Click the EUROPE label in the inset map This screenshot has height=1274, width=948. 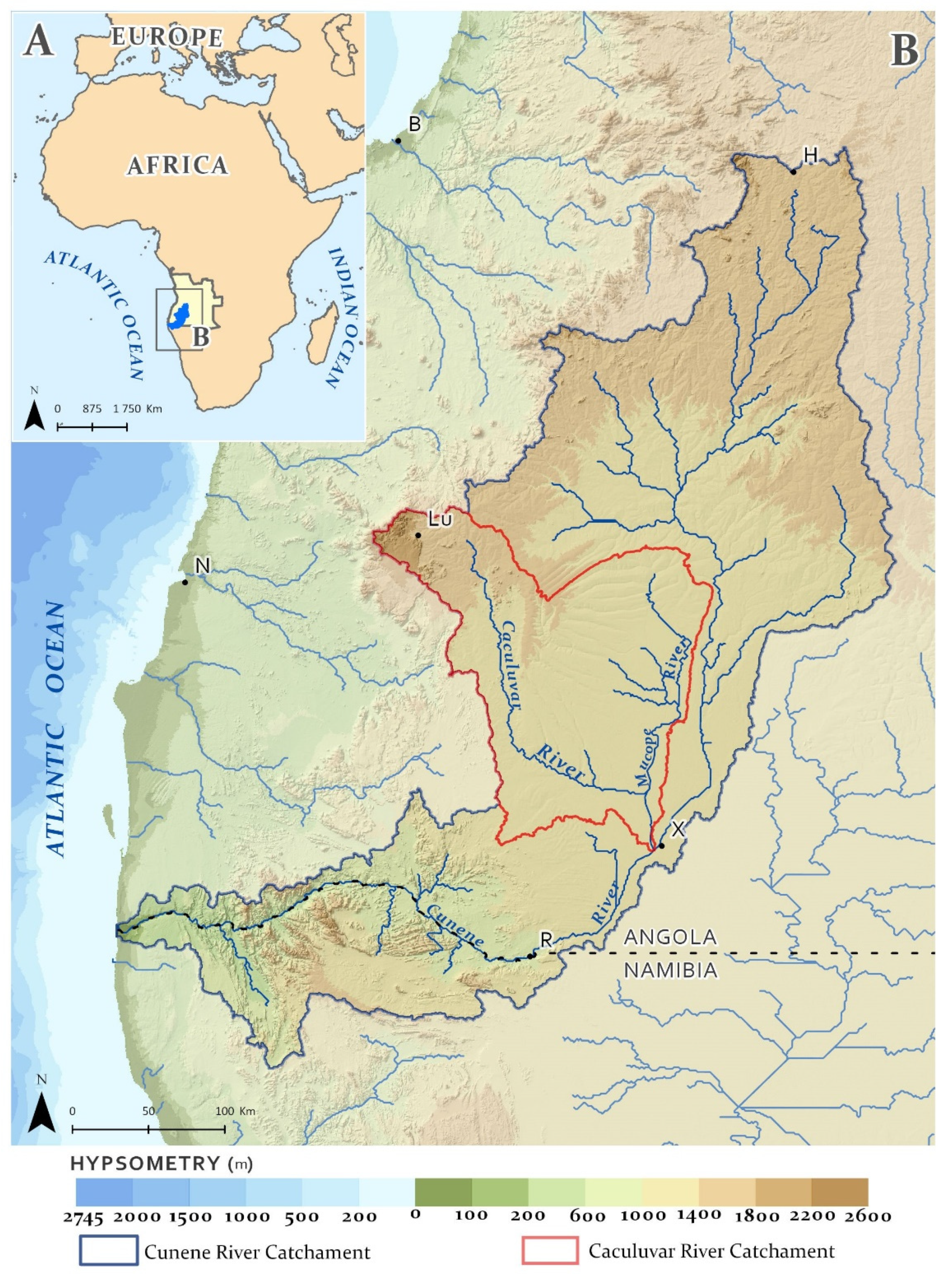click(167, 38)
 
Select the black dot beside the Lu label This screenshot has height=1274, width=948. click(418, 535)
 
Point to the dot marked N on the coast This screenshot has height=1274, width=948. click(185, 582)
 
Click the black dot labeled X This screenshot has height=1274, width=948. click(661, 846)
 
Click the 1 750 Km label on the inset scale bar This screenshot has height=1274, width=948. click(138, 409)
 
